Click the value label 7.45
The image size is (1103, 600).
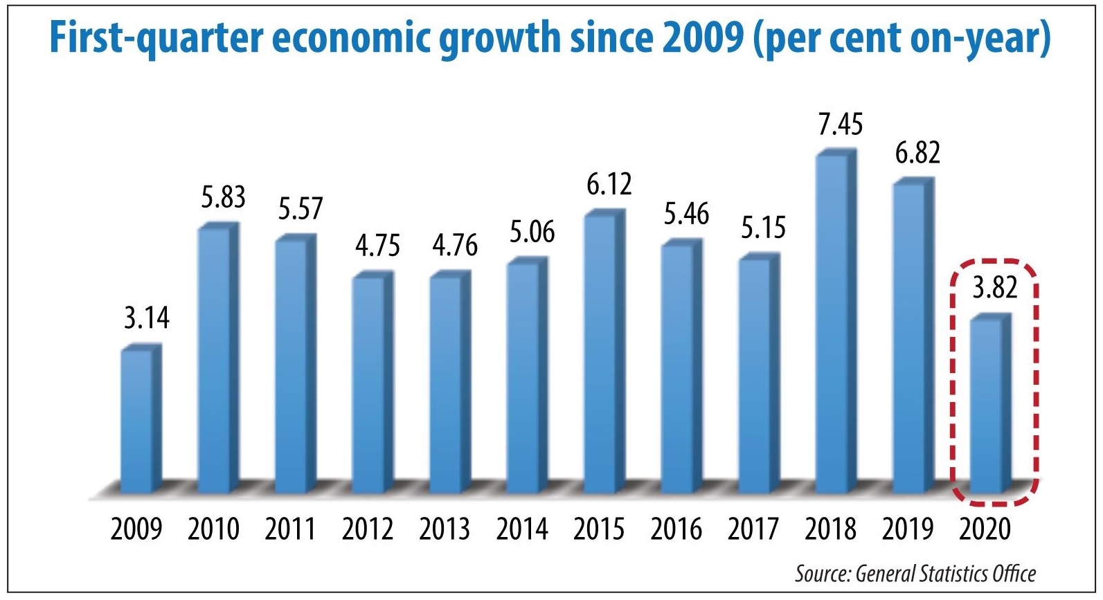pyautogui.click(x=840, y=125)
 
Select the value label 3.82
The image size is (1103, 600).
pyautogui.click(x=994, y=287)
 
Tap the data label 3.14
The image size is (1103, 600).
pyautogui.click(x=146, y=318)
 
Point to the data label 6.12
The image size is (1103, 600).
pyautogui.click(x=609, y=185)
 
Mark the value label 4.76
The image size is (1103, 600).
pyautogui.click(x=455, y=246)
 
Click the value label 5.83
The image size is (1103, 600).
pyautogui.click(x=223, y=197)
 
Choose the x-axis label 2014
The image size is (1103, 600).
pyautogui.click(x=521, y=529)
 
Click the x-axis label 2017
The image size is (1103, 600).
pyautogui.click(x=753, y=529)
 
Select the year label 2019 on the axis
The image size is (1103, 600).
pyautogui.click(x=907, y=529)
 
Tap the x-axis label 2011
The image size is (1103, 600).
pyautogui.click(x=290, y=529)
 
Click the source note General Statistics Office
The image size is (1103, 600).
pyautogui.click(x=945, y=574)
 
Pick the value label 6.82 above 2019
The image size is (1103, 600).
pyautogui.click(x=917, y=153)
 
